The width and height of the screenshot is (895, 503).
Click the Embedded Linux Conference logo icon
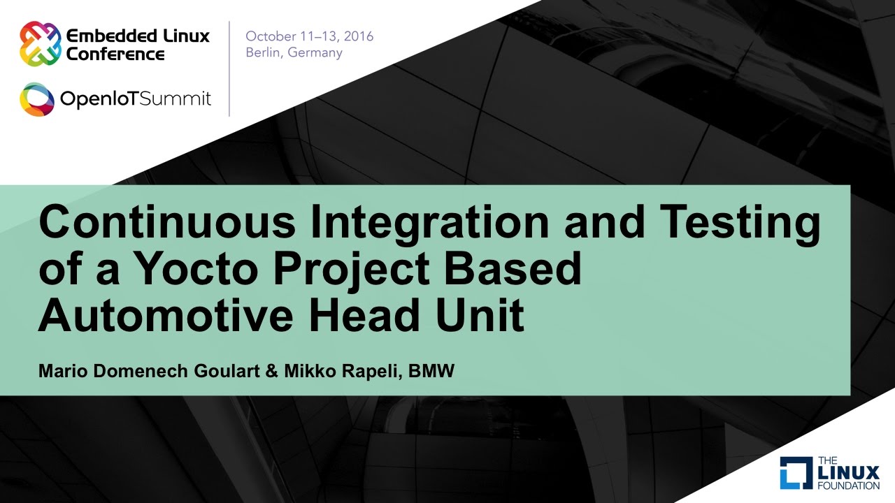[40, 43]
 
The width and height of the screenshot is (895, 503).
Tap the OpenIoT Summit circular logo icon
[37, 99]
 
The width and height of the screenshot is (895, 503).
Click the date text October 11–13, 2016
[309, 36]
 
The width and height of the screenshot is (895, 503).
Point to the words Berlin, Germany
[294, 53]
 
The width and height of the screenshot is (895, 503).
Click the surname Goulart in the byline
[227, 371]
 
